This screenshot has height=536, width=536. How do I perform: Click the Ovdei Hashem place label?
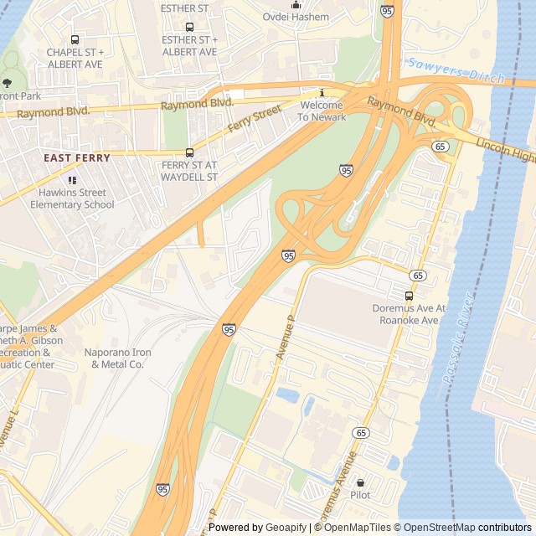(x=296, y=17)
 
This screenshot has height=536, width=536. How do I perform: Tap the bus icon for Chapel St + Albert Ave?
(x=75, y=39)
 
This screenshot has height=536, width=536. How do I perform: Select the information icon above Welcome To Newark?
(x=321, y=93)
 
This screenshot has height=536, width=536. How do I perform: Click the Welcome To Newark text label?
(x=321, y=111)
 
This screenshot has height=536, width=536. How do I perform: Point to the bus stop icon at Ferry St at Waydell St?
(x=189, y=152)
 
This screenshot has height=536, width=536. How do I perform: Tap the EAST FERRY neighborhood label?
(x=75, y=157)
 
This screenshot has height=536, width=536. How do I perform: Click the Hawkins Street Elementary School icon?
(x=72, y=180)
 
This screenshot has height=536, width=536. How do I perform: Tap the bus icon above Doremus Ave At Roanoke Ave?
(x=409, y=296)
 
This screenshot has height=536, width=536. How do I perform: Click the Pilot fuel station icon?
(x=361, y=482)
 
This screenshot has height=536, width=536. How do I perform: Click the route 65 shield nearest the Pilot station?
(x=361, y=432)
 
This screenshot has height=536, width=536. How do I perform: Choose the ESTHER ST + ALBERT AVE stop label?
(x=189, y=45)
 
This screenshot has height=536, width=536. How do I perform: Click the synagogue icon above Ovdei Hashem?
(x=296, y=4)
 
